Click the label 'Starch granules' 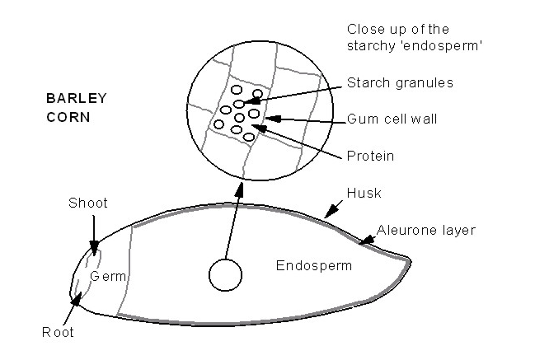coord(400,83)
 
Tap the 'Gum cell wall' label coord(392,119)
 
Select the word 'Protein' coord(370,156)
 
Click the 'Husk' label coord(364,193)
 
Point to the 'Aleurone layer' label coord(426,231)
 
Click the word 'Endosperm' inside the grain coord(313,265)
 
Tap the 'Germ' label coord(108,276)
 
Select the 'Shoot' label coord(88,203)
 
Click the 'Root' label coord(58,332)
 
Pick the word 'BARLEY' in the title coord(77,98)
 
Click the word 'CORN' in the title coord(68,117)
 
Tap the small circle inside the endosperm coord(225,275)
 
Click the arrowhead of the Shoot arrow coord(94,247)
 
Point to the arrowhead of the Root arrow coord(77,299)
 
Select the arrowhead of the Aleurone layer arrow coord(366,241)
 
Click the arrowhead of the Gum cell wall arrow coord(273,119)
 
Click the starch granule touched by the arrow coord(239,103)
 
